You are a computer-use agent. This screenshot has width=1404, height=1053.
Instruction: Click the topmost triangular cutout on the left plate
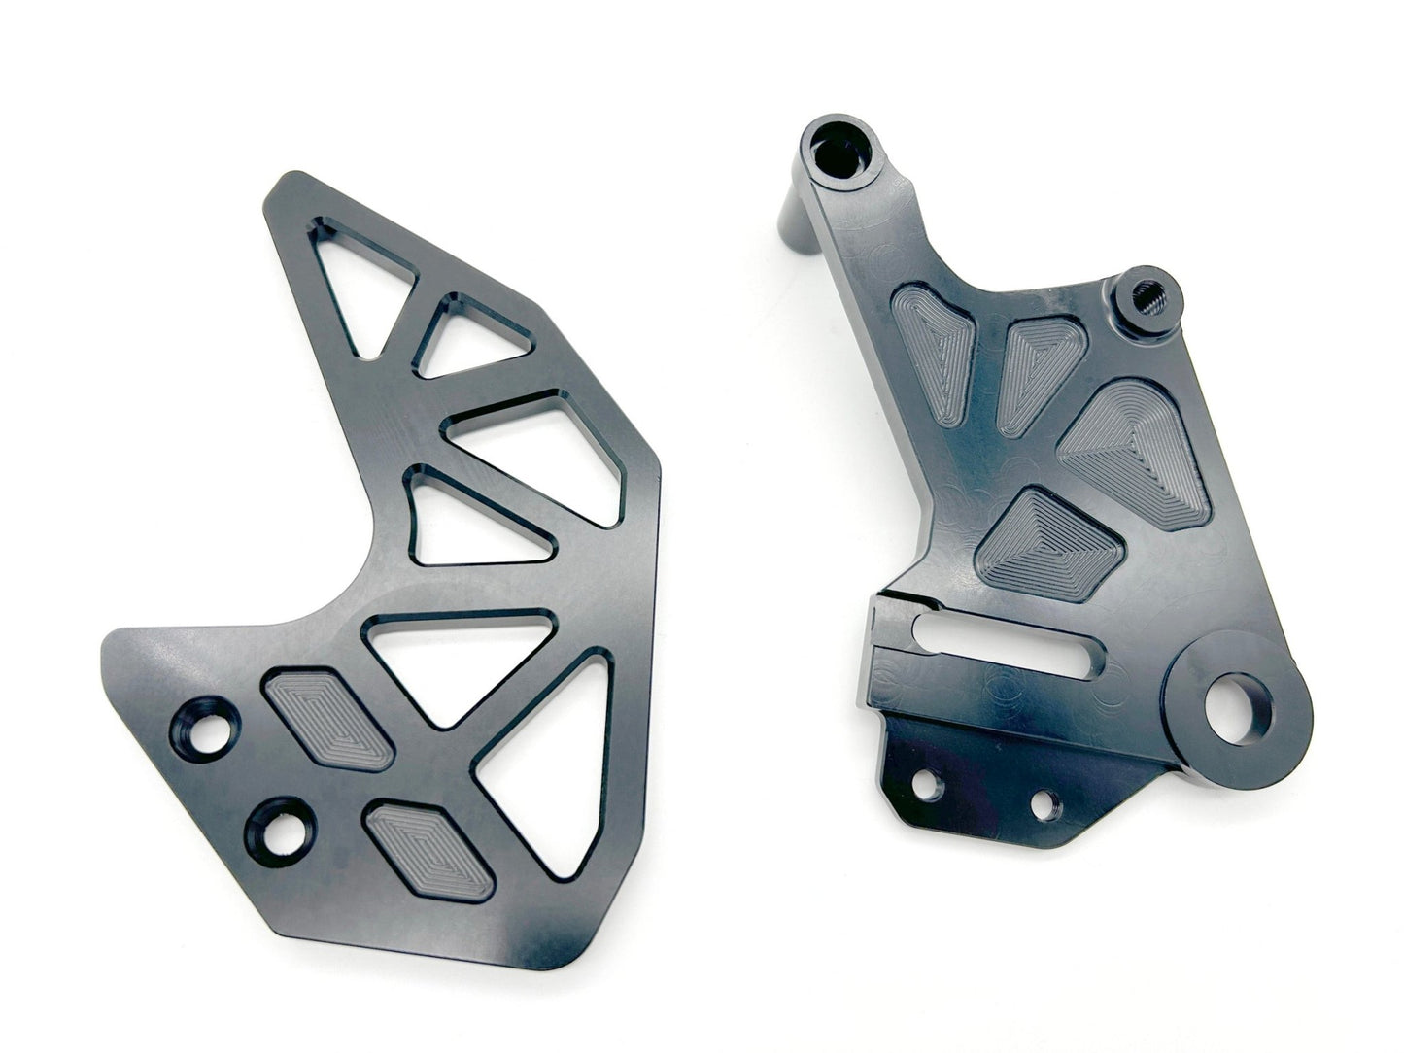[349, 282]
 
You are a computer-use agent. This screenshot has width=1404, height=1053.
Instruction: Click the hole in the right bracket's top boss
[837, 153]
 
